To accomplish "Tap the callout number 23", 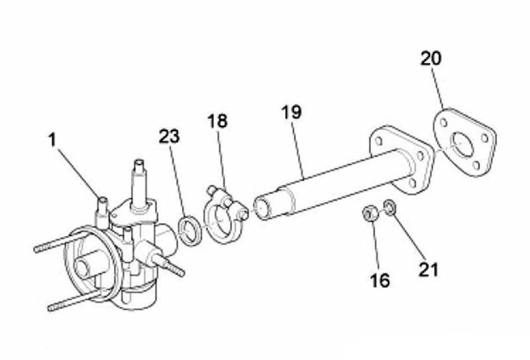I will pos(170,137).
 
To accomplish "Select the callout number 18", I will pos(217,121).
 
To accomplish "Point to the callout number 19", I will pos(290,111).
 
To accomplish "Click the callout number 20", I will pos(431,58).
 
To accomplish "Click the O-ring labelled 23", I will pos(191,229).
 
